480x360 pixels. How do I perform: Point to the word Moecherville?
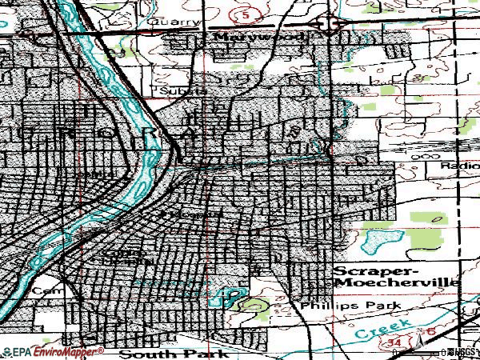tap(396, 283)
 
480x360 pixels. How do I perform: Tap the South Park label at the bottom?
tap(173, 353)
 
